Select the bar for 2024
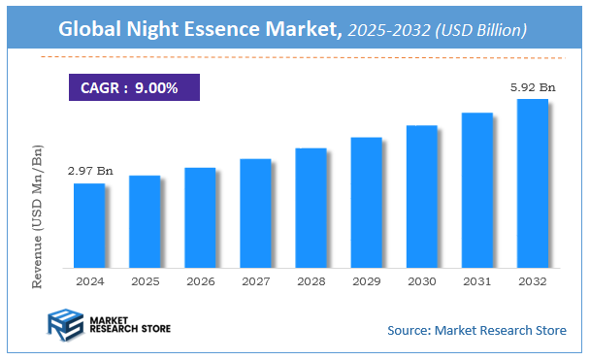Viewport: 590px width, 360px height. pos(89,225)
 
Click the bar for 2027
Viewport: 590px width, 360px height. pos(255,213)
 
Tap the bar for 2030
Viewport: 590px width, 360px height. pos(421,196)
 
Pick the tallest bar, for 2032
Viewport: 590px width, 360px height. pos(532,183)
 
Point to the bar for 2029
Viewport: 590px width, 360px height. pos(366,202)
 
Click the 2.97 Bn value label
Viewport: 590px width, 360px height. pos(90,171)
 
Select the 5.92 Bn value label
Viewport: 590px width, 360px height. pos(533,87)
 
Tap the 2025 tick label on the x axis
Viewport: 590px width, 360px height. pos(145,280)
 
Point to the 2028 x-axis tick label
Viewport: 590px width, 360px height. pos(311,280)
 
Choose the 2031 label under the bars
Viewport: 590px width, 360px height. pos(476,280)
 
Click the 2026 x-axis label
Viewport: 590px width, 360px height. pos(200,280)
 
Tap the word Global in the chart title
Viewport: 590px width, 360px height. pos(92,29)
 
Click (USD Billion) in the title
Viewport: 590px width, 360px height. pos(482,30)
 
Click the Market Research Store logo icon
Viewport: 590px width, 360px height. pos(63,327)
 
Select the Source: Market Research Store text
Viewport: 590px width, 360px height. pos(476,331)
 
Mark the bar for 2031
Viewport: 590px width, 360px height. pos(476,190)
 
